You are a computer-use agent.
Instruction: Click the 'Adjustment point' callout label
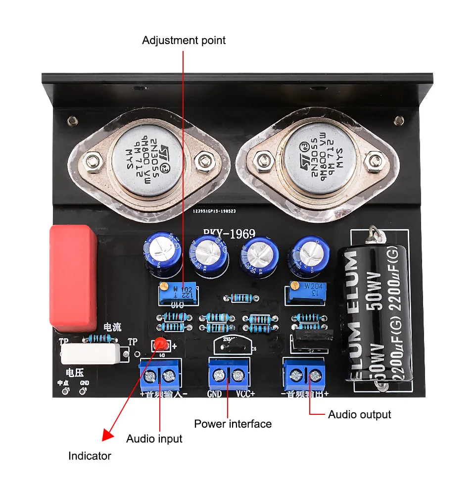pyautogui.click(x=184, y=40)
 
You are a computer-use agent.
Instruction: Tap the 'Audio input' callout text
pyautogui.click(x=154, y=439)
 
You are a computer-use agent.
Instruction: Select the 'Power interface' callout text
pyautogui.click(x=233, y=424)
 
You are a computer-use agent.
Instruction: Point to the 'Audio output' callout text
pyautogui.click(x=359, y=414)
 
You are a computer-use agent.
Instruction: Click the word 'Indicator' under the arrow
pyautogui.click(x=90, y=456)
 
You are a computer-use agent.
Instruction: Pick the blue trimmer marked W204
pyautogui.click(x=304, y=293)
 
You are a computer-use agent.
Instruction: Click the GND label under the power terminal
pyautogui.click(x=215, y=395)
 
